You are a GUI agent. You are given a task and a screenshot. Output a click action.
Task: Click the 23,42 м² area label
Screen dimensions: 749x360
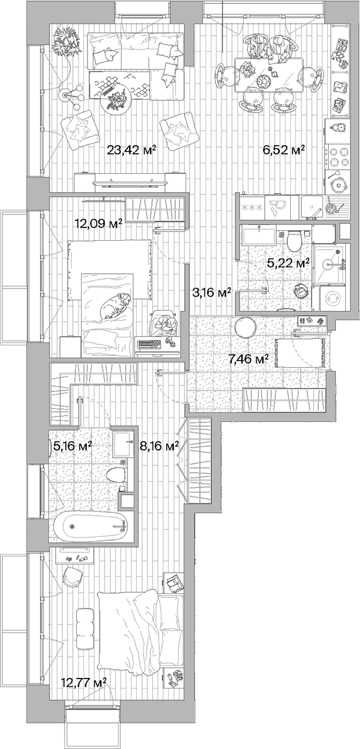[131, 150]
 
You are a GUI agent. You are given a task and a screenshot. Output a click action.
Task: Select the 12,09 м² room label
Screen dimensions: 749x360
[98, 223]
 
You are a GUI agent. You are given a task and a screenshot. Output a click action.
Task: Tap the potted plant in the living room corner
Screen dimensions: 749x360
[66, 41]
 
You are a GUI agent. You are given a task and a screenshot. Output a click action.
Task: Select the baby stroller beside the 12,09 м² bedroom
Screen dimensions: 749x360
[164, 326]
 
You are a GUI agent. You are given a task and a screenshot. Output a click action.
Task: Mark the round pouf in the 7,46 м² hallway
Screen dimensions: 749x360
[245, 327]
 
